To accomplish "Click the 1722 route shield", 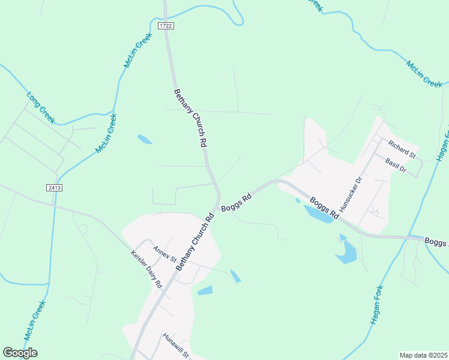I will click(166, 26).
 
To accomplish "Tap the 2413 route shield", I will click(54, 188).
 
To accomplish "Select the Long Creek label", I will click(41, 107).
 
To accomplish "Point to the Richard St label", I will click(402, 149).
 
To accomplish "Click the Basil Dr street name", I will click(396, 166).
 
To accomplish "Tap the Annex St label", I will click(164, 254).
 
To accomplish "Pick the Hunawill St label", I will click(176, 346).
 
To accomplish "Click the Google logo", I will click(20, 353).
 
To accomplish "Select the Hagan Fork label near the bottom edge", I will click(380, 305).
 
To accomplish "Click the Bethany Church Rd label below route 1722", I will click(190, 118).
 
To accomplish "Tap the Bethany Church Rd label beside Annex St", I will click(195, 242).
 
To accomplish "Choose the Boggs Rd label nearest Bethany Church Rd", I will click(235, 202).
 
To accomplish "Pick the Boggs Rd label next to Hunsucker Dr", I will click(325, 206).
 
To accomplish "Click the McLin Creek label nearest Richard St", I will click(424, 74).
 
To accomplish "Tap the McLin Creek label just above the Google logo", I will click(35, 320).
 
